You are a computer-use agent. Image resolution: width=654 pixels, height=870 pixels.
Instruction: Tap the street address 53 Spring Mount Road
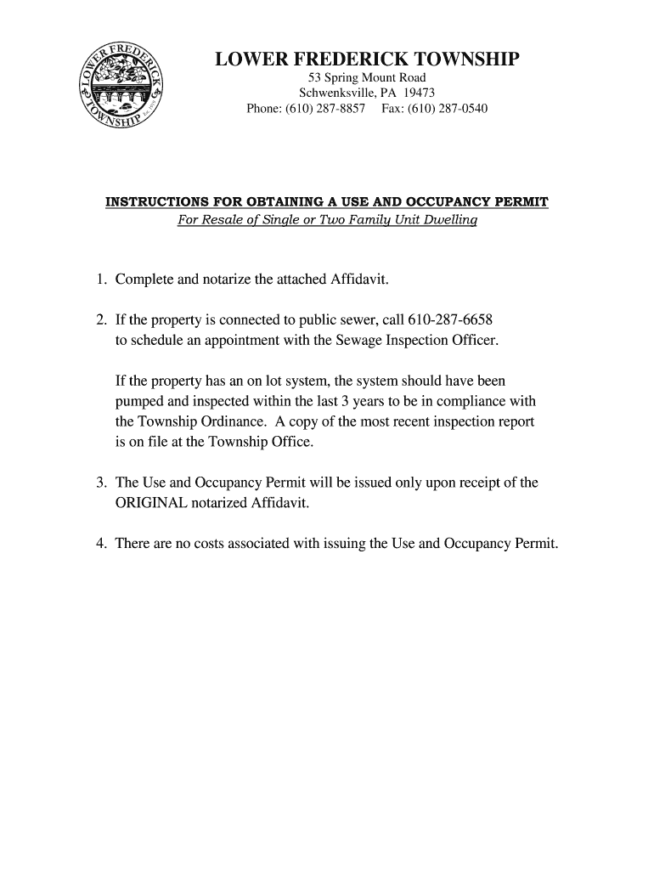click(x=367, y=78)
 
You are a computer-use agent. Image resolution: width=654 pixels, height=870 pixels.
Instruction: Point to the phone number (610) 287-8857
click(x=318, y=109)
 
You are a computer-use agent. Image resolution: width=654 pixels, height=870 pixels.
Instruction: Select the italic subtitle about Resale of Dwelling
click(x=327, y=221)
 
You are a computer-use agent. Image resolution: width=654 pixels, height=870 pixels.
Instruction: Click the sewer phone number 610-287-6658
click(x=450, y=320)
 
